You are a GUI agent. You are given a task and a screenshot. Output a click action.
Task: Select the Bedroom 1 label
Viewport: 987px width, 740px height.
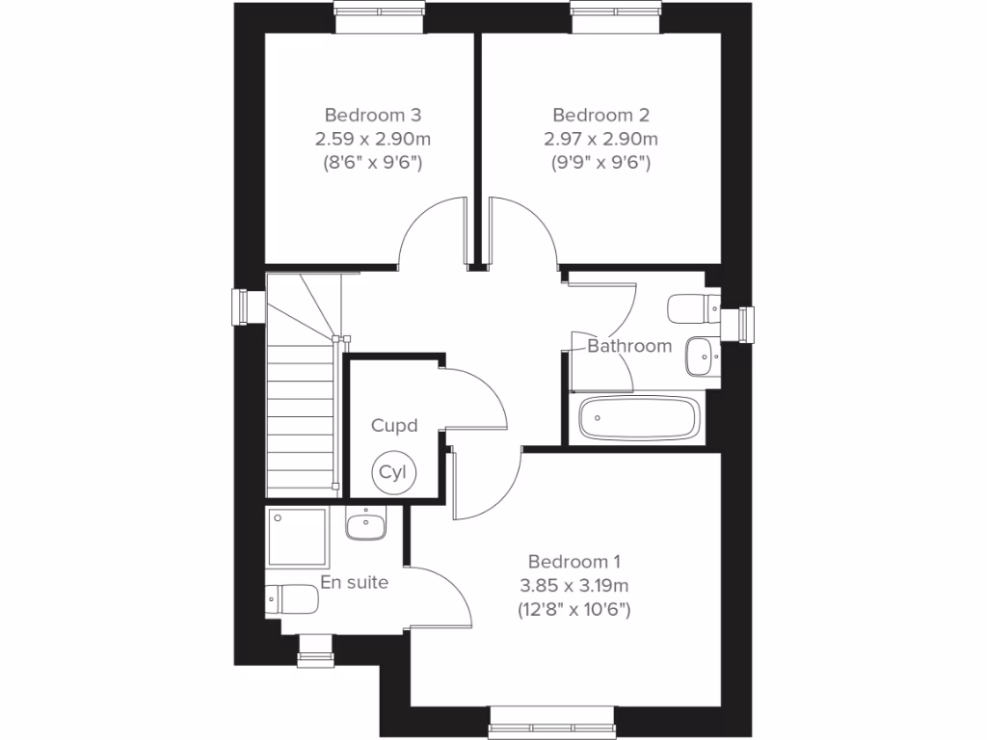point(574,561)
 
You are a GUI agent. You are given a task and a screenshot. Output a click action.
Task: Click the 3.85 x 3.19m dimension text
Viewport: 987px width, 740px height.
point(574,585)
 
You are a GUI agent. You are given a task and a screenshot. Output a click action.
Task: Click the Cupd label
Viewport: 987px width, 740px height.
point(395,425)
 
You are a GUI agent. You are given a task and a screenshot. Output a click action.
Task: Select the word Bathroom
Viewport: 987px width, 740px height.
point(629,346)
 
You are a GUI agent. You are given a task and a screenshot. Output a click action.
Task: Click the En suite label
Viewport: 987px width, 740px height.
point(355,582)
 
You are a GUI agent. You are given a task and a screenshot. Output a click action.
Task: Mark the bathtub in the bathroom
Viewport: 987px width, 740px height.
point(636,418)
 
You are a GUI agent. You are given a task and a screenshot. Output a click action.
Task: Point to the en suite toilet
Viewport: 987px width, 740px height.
point(292,599)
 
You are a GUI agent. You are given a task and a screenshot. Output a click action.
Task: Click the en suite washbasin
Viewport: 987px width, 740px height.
point(365,525)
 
